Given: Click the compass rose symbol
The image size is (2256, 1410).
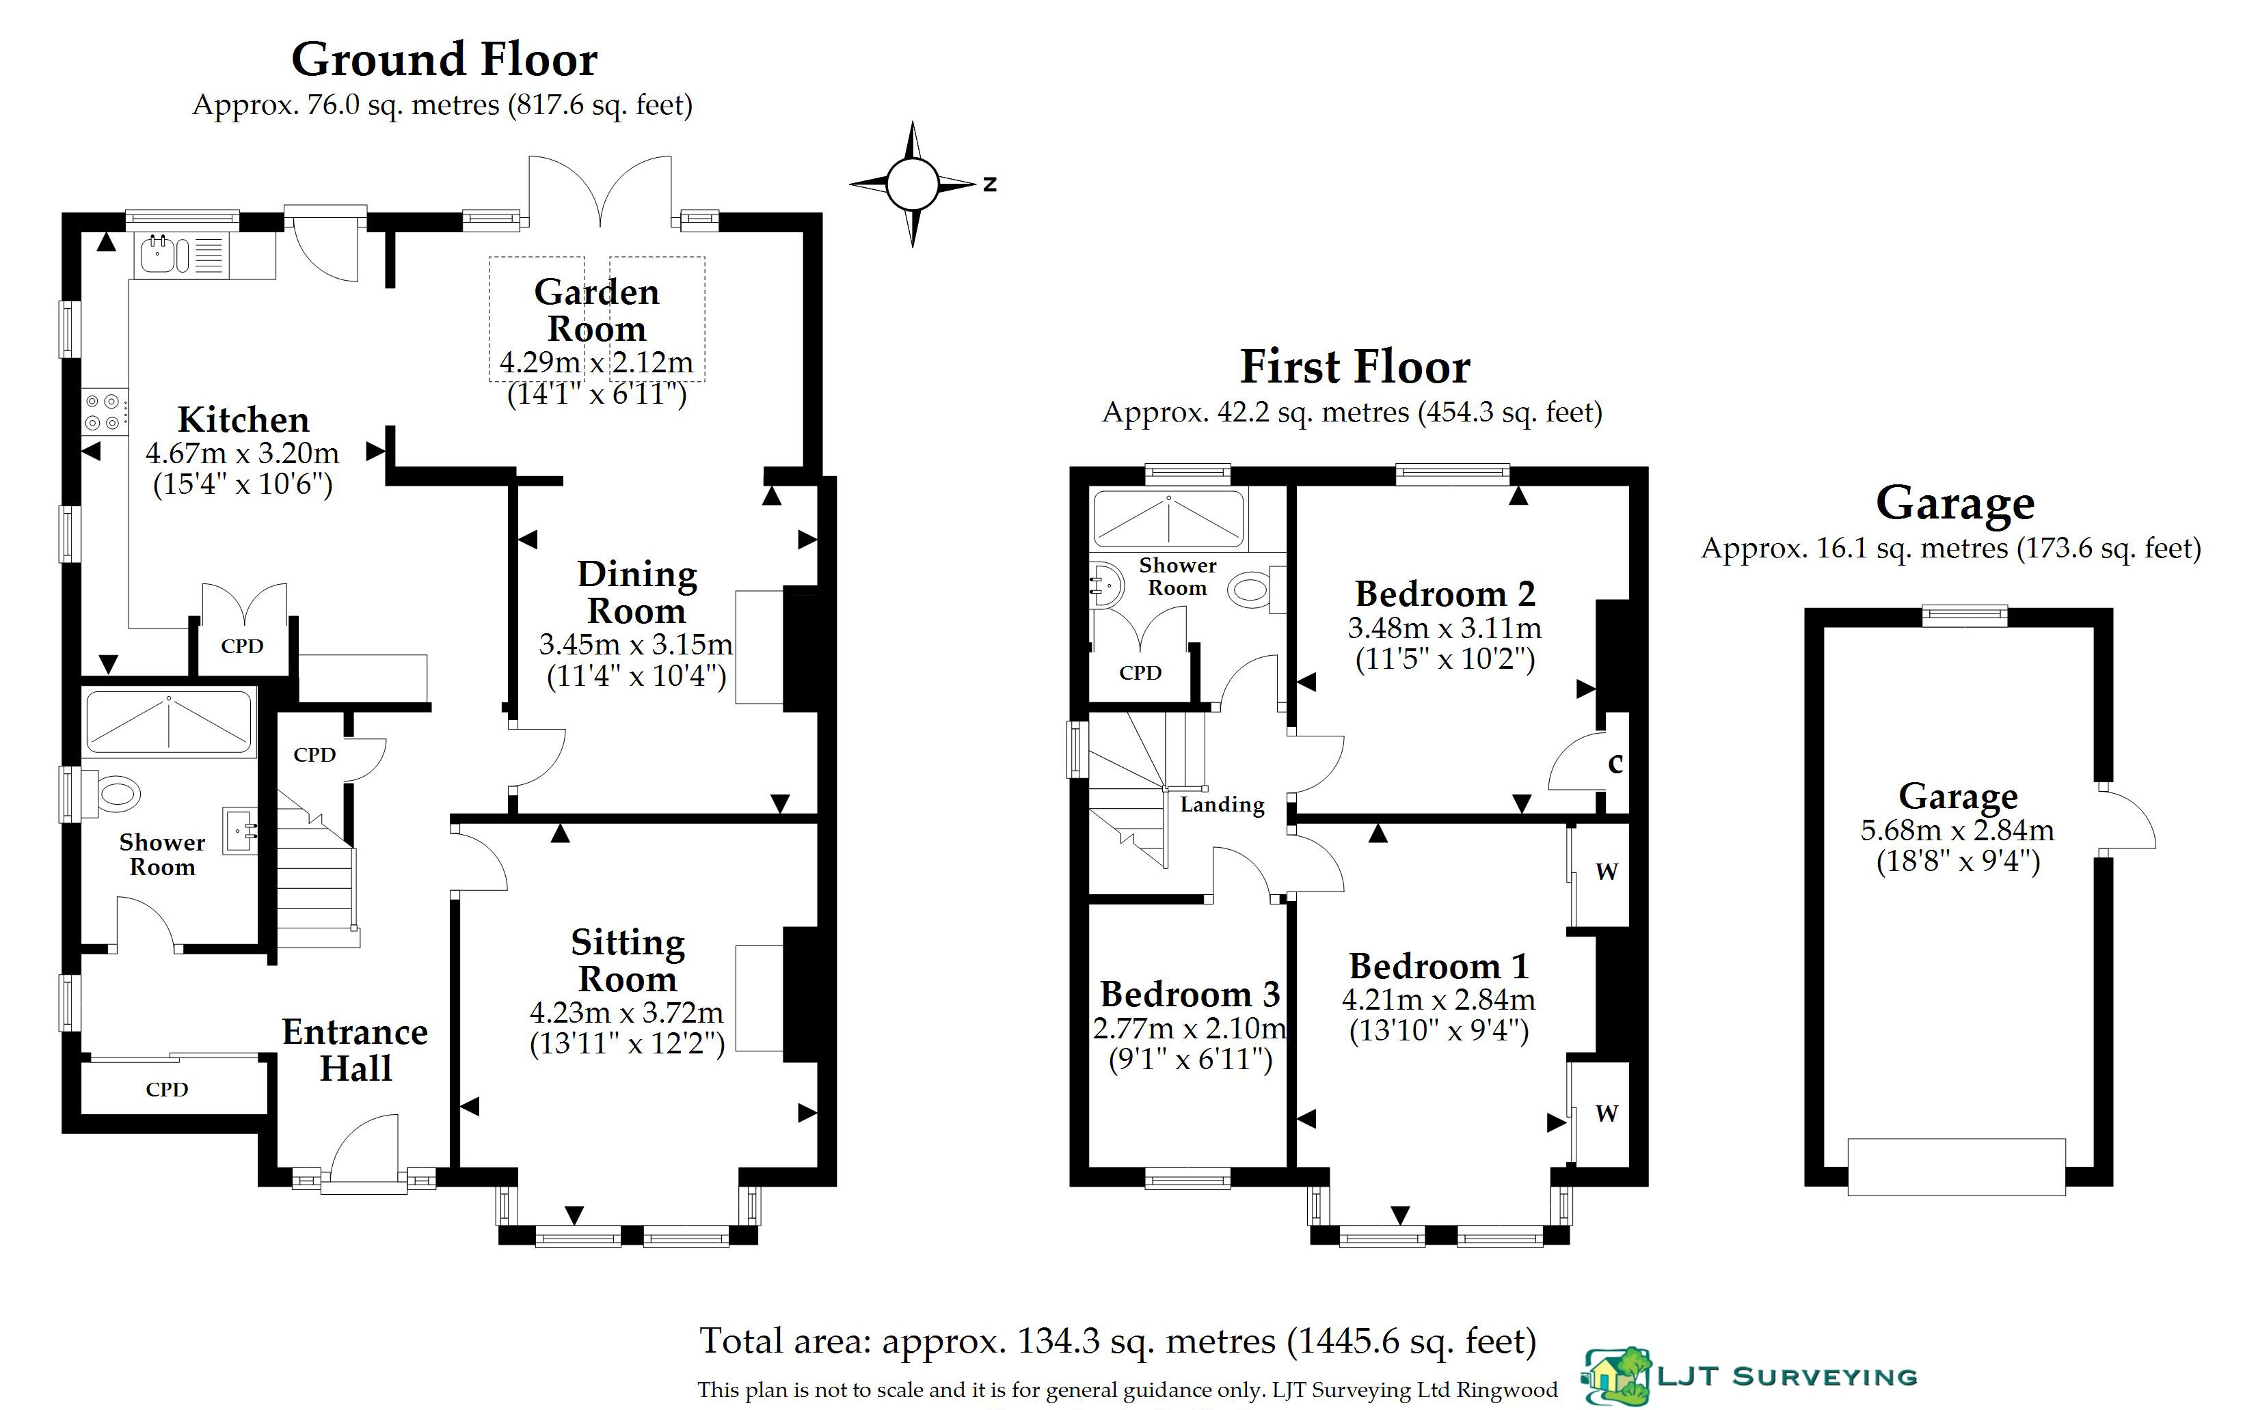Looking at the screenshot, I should (913, 184).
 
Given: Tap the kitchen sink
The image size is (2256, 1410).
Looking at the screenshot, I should (164, 253).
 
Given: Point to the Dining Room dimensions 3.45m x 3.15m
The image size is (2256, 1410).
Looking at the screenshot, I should (635, 644).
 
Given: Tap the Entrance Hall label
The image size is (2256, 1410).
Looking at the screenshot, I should (355, 1049).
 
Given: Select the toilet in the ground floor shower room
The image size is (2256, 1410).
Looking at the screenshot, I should (115, 794).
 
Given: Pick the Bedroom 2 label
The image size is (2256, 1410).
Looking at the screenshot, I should (1445, 594).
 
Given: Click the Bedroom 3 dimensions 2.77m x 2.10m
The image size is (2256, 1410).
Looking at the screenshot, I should (1190, 1027).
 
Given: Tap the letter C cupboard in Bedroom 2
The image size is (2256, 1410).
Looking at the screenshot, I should (1615, 763).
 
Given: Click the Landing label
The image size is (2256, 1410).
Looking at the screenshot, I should (1222, 804).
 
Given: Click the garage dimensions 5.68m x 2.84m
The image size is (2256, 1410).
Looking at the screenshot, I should (1957, 829).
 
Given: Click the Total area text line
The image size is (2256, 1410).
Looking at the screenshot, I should (1117, 1341).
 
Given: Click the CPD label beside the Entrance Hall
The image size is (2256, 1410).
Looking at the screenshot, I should (167, 1089).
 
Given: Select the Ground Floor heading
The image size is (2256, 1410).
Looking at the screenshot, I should (444, 59).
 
